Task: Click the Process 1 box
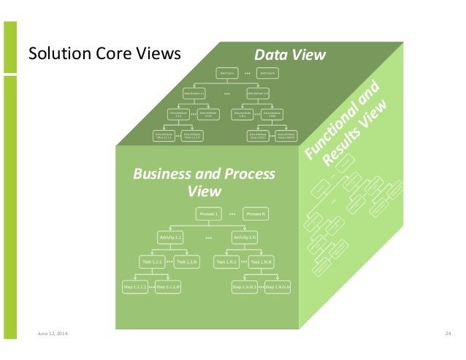[208, 213]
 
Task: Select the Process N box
[256, 213]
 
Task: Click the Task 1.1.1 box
[153, 261]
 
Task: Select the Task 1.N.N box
[261, 261]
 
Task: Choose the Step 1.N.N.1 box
[245, 288]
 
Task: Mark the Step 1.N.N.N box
[278, 288]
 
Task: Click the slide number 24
[448, 334]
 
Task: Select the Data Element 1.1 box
[194, 93]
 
